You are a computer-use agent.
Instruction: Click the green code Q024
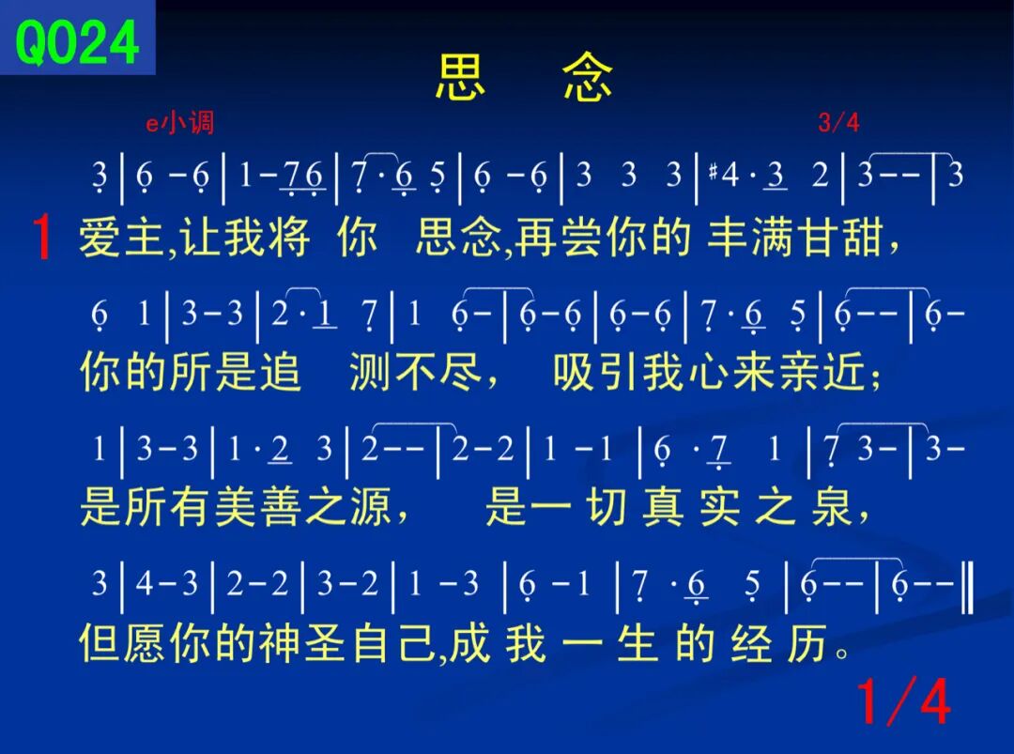[x=77, y=42]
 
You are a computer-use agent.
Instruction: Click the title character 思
[x=460, y=77]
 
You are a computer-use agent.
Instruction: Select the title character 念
[x=587, y=77]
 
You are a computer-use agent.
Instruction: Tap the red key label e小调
[x=179, y=122]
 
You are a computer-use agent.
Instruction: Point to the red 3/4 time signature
[x=838, y=122]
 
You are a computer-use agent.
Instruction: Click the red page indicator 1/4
[x=903, y=701]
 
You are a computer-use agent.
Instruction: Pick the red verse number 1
[x=42, y=237]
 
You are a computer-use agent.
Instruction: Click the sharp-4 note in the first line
[x=723, y=175]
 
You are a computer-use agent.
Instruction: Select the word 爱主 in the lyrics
[x=121, y=237]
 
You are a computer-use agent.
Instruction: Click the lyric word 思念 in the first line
[x=458, y=237]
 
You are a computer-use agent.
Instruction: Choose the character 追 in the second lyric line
[x=280, y=372]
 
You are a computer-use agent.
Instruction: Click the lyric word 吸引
[x=595, y=372]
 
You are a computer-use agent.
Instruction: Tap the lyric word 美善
[x=258, y=506]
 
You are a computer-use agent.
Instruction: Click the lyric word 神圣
[x=302, y=643]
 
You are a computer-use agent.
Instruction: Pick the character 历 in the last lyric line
[x=807, y=643]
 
